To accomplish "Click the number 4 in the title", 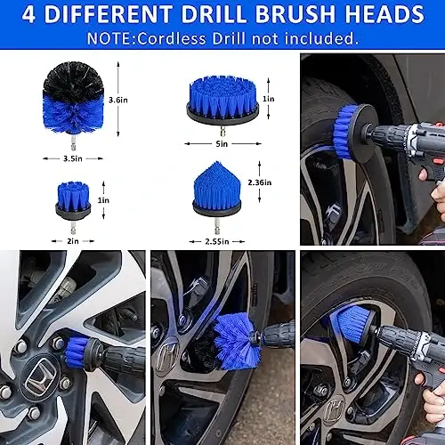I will (28, 15).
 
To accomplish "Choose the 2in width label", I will (74, 239).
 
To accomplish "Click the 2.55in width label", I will (222, 239).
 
